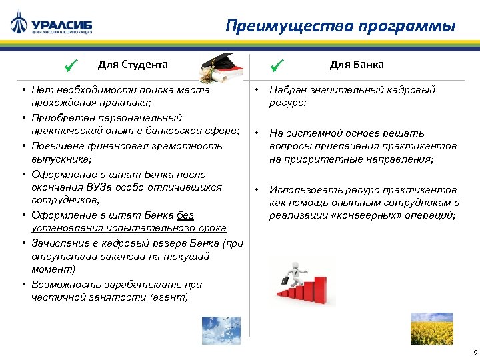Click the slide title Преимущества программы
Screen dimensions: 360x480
pyautogui.click(x=340, y=26)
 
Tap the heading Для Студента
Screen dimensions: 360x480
pyautogui.click(x=133, y=65)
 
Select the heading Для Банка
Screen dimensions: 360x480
pyautogui.click(x=356, y=65)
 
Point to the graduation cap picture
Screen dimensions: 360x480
pyautogui.click(x=221, y=67)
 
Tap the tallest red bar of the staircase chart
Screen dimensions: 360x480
pyautogui.click(x=321, y=292)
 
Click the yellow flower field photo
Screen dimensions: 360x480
pyautogui.click(x=431, y=328)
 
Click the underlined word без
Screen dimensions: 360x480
pyautogui.click(x=185, y=215)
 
